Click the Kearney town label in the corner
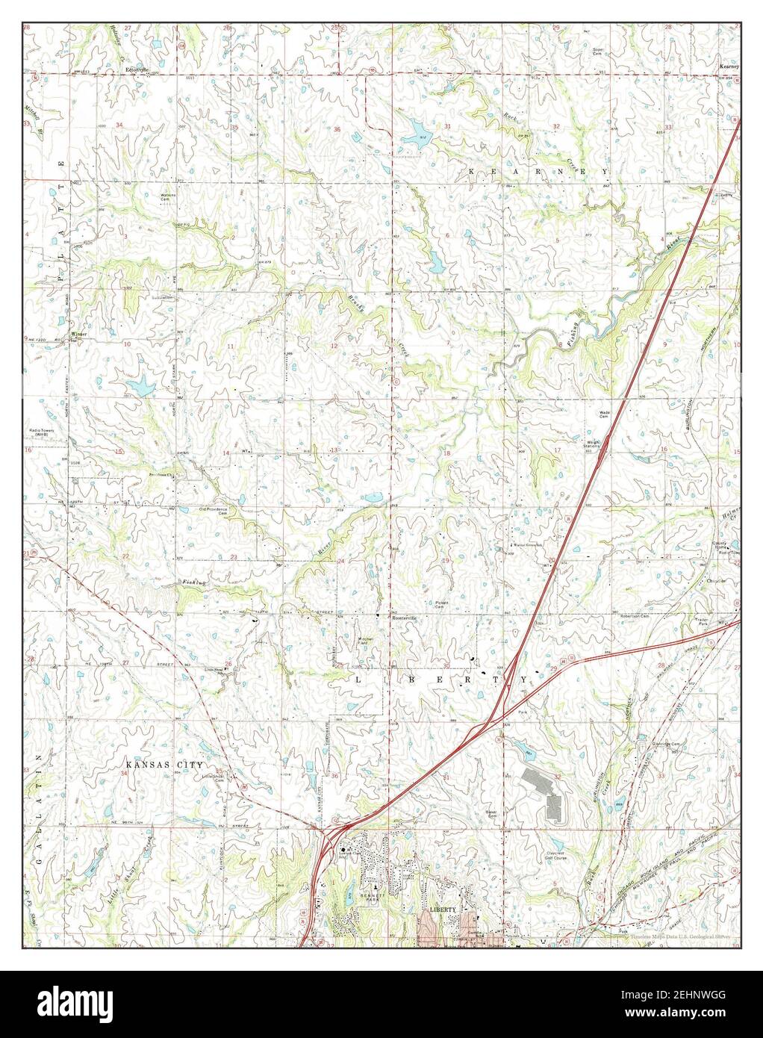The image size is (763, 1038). (x=728, y=66)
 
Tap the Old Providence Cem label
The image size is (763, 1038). (x=213, y=512)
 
